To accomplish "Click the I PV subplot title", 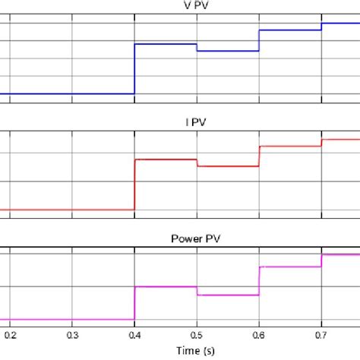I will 180,120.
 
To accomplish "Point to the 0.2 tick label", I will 10,333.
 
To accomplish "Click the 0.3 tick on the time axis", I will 72,333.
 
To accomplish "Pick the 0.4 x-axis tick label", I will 134,333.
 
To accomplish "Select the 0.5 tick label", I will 197,333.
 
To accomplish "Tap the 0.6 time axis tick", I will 259,333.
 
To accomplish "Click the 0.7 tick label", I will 321,333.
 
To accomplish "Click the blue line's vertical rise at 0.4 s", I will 134,68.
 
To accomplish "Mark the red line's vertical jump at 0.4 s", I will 134,184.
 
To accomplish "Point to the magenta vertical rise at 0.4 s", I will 134,302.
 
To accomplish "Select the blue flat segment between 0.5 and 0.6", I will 228,51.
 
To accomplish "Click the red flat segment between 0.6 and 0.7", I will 290,146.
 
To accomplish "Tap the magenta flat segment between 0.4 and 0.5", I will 166,286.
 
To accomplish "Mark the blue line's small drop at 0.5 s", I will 197,47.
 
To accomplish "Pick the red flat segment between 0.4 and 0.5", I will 166,159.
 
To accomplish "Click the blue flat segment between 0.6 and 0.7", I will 290,30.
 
